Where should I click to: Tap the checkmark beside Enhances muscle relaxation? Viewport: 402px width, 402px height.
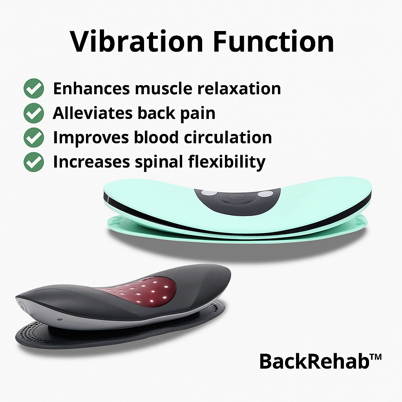pyautogui.click(x=34, y=88)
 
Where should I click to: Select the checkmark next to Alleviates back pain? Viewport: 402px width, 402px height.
pyautogui.click(x=34, y=113)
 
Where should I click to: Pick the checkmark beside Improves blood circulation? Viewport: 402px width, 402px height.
pyautogui.click(x=34, y=138)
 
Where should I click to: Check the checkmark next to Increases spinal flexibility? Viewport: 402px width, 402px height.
pyautogui.click(x=34, y=162)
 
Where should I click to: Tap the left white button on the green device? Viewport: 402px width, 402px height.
pyautogui.click(x=209, y=193)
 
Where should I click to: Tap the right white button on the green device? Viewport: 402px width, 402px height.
pyautogui.click(x=265, y=194)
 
